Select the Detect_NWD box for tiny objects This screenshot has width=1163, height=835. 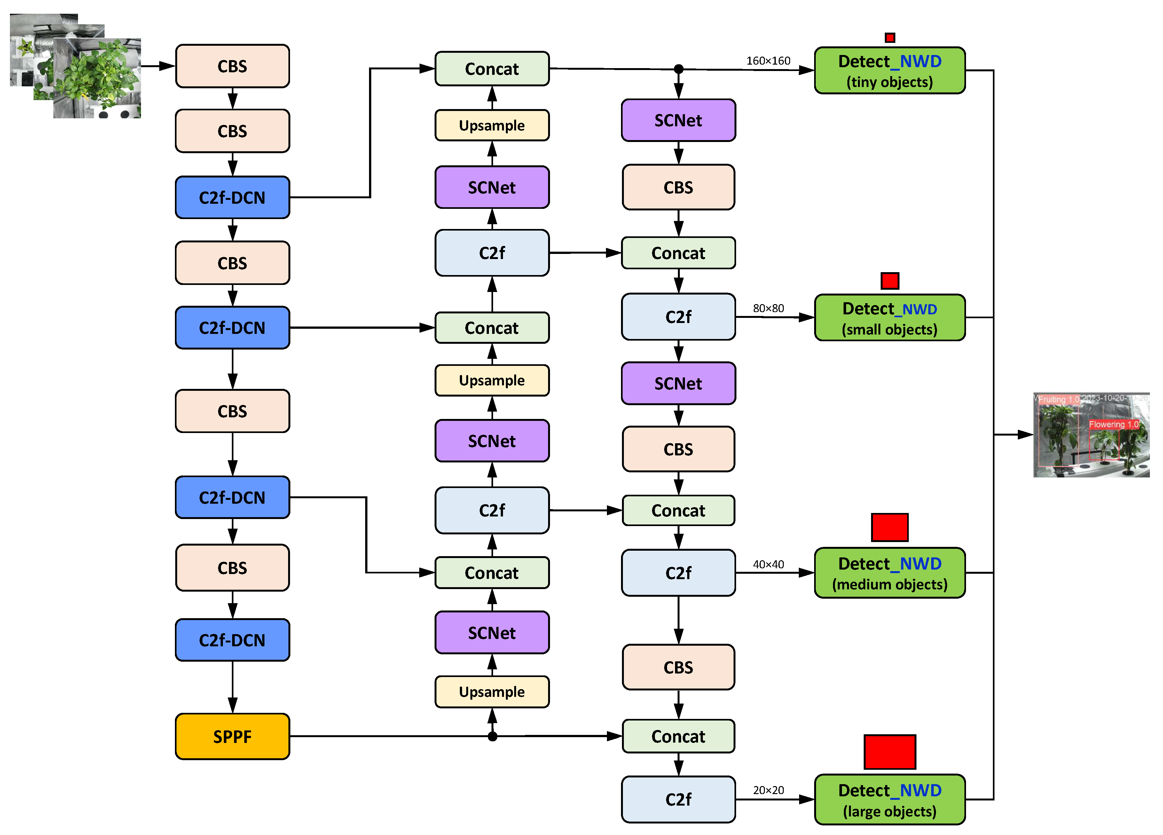coord(889,71)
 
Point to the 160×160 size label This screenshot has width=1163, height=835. coord(768,60)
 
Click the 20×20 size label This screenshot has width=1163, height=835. coord(768,790)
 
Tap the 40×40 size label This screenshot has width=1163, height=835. coord(768,564)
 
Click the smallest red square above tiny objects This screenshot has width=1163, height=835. coord(890,37)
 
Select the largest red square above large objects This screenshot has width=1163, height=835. coord(889,752)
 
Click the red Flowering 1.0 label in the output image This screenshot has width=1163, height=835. coord(1114,424)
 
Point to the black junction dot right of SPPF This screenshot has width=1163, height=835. coord(492,737)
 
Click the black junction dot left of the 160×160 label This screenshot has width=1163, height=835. coord(679,69)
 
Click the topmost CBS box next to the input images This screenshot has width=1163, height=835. coord(232,66)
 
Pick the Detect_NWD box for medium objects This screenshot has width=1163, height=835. coord(889,573)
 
